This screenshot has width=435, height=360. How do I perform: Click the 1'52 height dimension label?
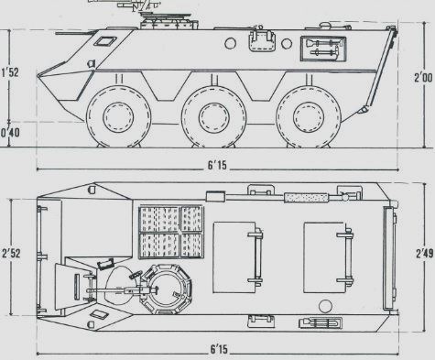point(10,72)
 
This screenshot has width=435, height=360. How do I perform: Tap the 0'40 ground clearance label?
point(10,133)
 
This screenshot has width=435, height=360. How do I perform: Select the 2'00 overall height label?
point(423,77)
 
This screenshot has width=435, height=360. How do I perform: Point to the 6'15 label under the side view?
point(217,165)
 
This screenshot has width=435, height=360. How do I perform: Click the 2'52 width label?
point(11,254)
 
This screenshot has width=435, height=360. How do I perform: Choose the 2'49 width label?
point(424,254)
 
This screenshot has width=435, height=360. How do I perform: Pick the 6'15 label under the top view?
point(219,349)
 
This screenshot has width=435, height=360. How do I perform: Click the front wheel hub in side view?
point(118,117)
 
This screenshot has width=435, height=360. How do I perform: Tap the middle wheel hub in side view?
point(213,117)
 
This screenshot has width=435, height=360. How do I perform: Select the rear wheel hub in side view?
point(309,117)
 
